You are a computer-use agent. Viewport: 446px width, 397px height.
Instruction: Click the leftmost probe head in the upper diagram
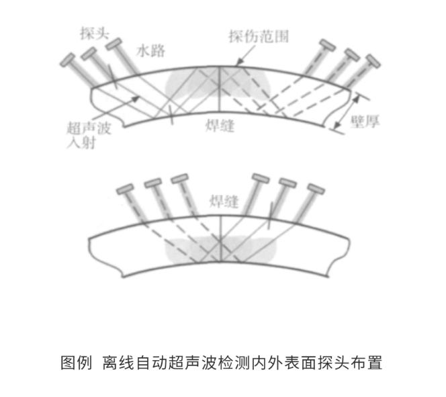pos(69,61)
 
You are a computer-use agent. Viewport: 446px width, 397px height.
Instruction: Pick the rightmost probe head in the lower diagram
pos(314,187)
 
